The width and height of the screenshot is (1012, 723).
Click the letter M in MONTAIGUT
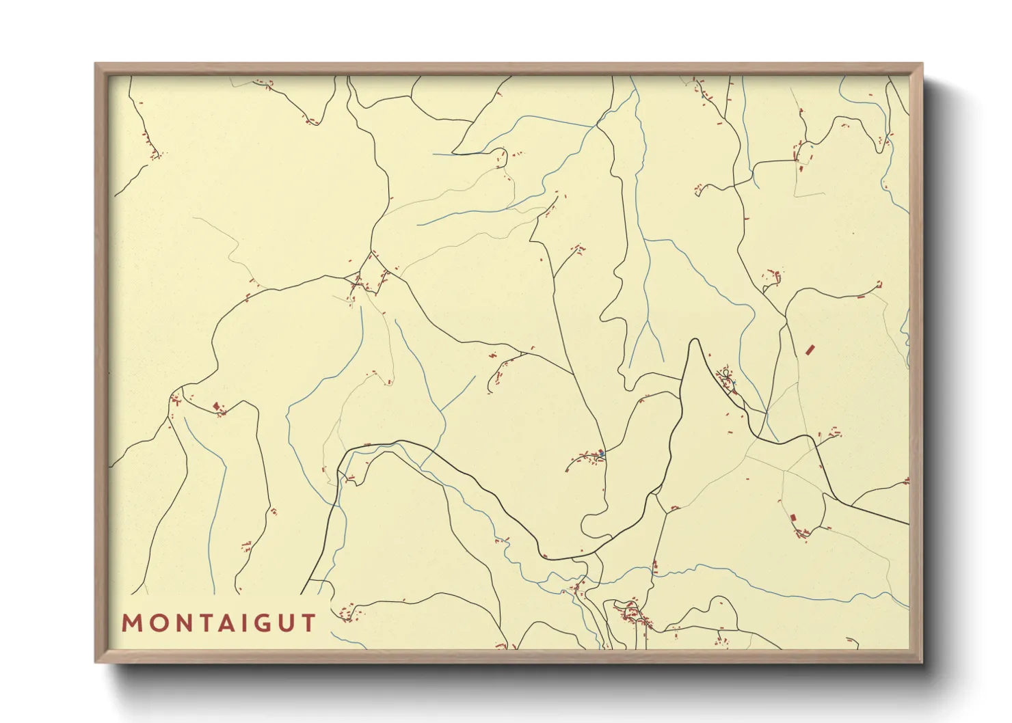point(131,623)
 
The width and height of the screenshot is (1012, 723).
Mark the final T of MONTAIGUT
point(307,623)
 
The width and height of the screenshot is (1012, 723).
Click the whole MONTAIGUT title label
point(219,623)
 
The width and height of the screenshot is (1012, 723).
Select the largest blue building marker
point(601,453)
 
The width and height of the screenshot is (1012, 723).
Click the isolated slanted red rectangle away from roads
point(810,350)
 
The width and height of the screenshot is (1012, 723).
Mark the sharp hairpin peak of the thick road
point(695,340)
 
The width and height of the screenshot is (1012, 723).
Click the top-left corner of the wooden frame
point(96,64)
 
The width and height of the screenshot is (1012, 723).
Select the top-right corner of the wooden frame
point(922,64)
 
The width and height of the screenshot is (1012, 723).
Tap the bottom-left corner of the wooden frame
point(96,661)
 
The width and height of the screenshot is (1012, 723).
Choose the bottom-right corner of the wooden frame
point(922,661)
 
